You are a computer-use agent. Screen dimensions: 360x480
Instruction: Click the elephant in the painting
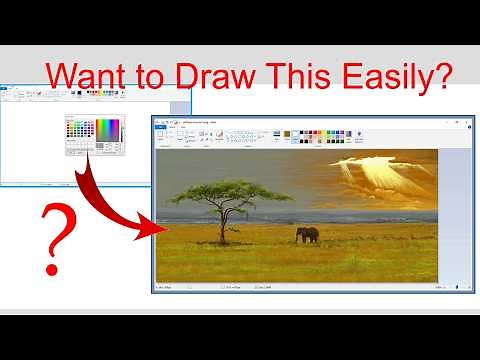point(307,235)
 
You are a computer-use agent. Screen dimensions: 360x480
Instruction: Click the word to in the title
point(163,76)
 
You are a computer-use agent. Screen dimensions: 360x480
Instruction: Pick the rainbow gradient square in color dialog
point(107,129)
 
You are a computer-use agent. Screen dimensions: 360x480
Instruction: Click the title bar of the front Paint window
point(300,121)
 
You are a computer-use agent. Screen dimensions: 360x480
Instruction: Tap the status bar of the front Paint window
point(300,286)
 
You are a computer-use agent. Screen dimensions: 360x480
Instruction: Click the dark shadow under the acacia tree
point(222,244)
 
